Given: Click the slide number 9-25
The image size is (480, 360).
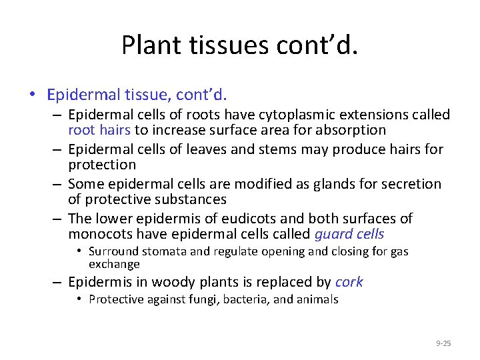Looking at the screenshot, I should (x=443, y=343).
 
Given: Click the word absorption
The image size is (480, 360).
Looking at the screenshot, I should (x=353, y=130).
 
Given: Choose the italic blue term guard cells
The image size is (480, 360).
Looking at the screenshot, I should (x=349, y=234).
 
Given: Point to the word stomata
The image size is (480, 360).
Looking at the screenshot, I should (x=163, y=251).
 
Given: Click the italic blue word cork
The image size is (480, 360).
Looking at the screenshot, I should (x=349, y=282).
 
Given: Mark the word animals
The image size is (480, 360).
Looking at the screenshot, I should (x=316, y=299).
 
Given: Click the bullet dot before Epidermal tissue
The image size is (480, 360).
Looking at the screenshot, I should (x=32, y=93).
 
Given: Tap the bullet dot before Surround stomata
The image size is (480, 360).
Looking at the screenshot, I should (x=79, y=251).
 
